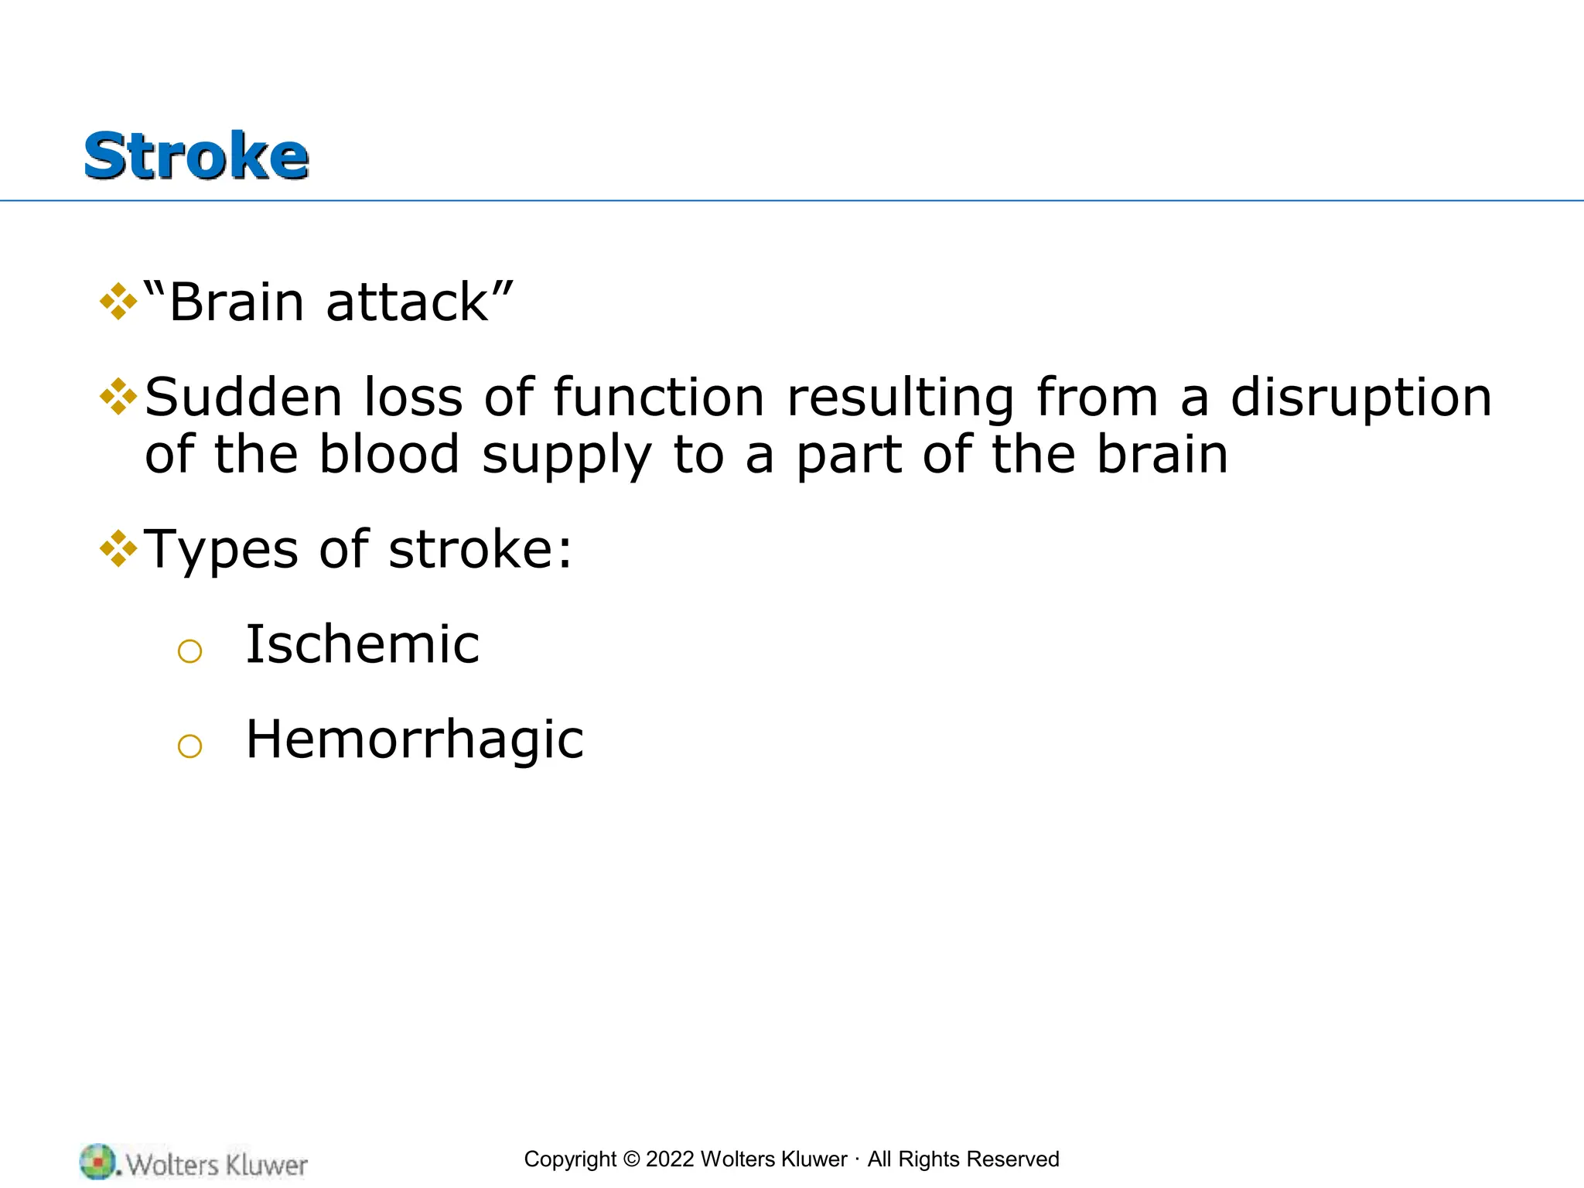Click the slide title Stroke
(x=196, y=156)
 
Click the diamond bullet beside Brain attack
(x=118, y=301)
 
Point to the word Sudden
(x=243, y=397)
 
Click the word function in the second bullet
(x=658, y=397)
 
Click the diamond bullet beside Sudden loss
(x=118, y=396)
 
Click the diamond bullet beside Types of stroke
(x=118, y=548)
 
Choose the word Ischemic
(x=362, y=644)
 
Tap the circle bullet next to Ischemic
(x=189, y=651)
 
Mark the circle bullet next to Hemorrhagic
(x=189, y=746)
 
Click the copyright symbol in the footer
(x=631, y=1159)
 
